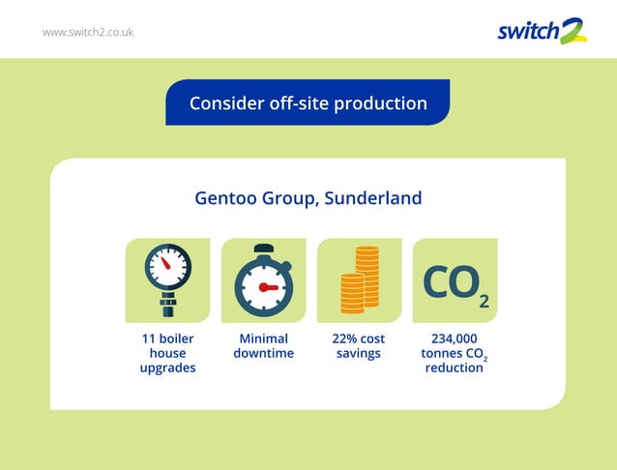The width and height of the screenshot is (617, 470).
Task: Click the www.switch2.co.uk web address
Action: (88, 32)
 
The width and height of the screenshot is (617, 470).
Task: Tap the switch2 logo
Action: (542, 31)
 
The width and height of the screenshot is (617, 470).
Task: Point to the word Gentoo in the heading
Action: (224, 199)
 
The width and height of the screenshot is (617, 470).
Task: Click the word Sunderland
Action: (373, 199)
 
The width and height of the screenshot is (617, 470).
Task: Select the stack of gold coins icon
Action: (358, 280)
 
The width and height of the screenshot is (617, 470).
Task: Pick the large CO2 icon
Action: (455, 282)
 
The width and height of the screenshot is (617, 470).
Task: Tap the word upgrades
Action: (167, 368)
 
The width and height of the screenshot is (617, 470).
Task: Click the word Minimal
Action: (263, 339)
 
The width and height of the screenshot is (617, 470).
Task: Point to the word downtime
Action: (263, 354)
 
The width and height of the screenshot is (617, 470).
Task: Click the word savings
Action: (358, 354)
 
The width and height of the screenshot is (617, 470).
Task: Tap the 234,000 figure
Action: (454, 339)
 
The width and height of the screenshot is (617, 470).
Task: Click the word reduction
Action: (454, 368)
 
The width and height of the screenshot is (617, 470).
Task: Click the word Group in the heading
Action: (288, 199)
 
